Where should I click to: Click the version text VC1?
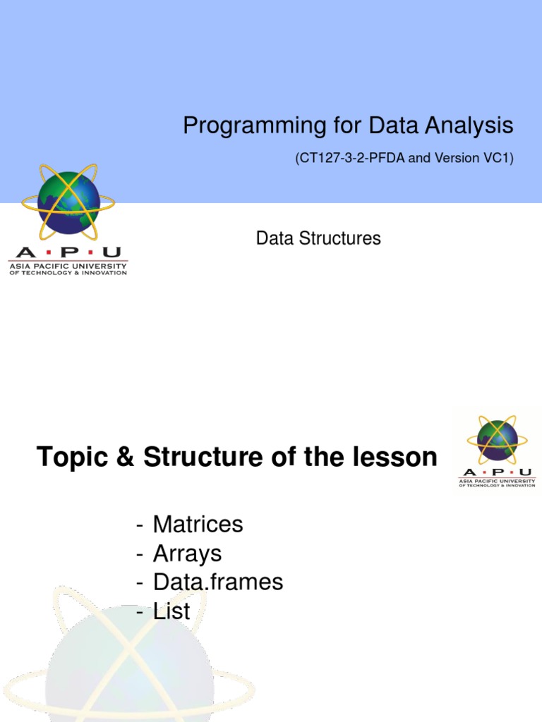pyautogui.click(x=498, y=159)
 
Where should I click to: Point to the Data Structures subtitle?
pyautogui.click(x=318, y=238)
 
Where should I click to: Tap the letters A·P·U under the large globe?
pyautogui.click(x=68, y=252)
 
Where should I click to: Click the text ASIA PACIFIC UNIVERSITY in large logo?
pyautogui.click(x=68, y=266)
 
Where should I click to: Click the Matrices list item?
pyautogui.click(x=198, y=525)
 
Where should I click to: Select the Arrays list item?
pyautogui.click(x=187, y=553)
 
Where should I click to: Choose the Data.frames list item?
pyautogui.click(x=217, y=582)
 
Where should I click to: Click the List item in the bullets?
pyautogui.click(x=171, y=611)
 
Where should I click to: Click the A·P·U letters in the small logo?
pyautogui.click(x=497, y=472)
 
